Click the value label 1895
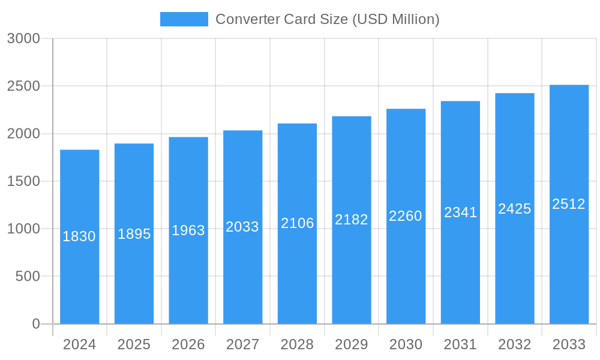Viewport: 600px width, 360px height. click(134, 234)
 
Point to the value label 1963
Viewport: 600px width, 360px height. click(188, 230)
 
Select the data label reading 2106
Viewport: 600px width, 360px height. click(298, 223)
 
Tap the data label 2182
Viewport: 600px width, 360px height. click(352, 220)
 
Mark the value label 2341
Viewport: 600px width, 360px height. click(460, 212)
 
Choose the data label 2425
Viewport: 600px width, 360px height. click(515, 209)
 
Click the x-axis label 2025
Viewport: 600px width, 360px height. click(134, 344)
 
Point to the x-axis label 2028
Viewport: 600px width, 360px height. click(297, 344)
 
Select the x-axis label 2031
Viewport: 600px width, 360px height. click(460, 344)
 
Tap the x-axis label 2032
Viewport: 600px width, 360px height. click(515, 344)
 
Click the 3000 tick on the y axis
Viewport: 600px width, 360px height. click(23, 39)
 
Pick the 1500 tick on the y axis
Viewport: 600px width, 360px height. click(23, 181)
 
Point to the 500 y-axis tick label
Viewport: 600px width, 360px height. click(27, 277)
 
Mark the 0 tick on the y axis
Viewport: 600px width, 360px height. click(35, 324)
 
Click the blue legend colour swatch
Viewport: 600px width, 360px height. click(184, 19)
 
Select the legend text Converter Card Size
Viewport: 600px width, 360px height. click(327, 19)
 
